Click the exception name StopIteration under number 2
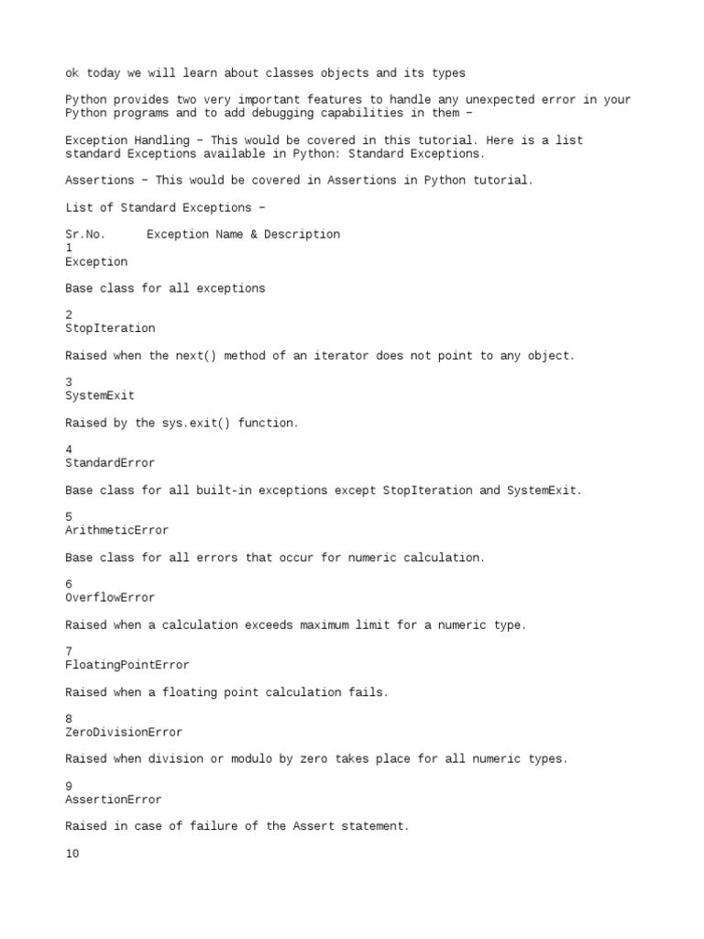tap(110, 328)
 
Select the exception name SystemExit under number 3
tap(100, 396)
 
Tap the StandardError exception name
tap(110, 463)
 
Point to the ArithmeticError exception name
tap(116, 530)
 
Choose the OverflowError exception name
tap(110, 598)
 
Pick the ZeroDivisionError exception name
tap(124, 733)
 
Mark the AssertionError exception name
tap(114, 800)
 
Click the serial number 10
tap(72, 854)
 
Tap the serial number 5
tap(69, 517)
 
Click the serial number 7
tap(69, 652)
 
